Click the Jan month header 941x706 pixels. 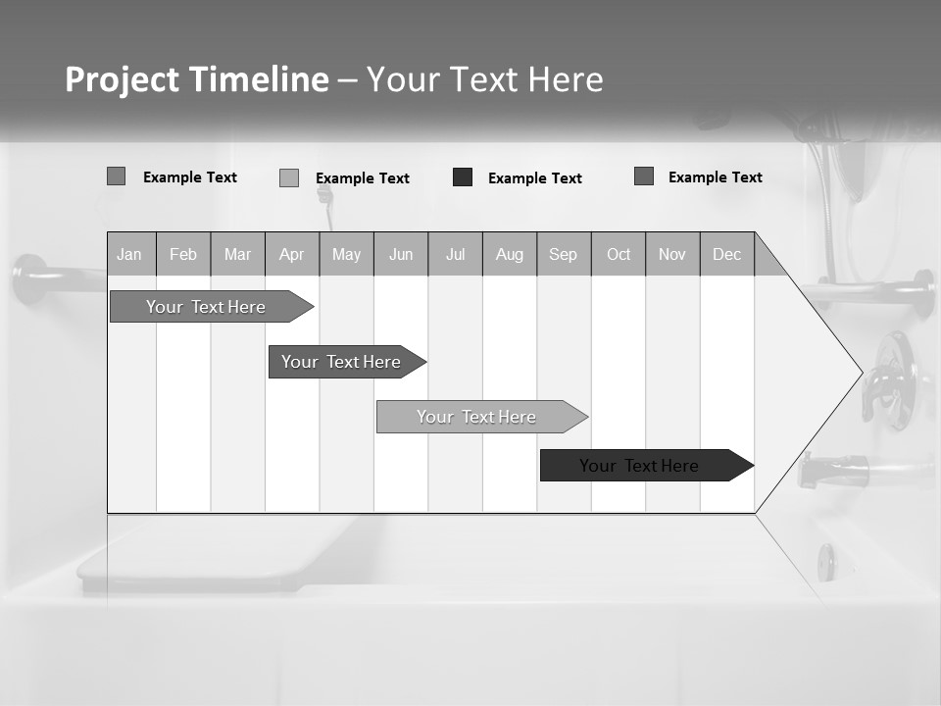129,255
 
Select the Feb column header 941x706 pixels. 183,255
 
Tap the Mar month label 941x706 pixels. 237,255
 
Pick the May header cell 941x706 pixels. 346,255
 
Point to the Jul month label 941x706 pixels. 455,255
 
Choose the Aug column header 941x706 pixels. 510,255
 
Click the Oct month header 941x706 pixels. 619,255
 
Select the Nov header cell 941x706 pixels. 672,255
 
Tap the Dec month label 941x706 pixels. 727,255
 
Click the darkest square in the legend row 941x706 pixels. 463,177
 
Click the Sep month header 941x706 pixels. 564,255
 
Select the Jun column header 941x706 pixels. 401,255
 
